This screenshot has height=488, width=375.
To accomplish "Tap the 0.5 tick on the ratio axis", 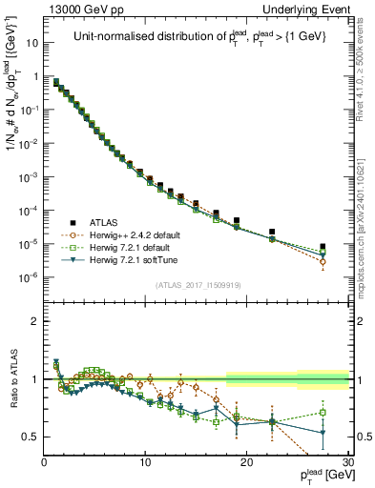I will pos(31,437).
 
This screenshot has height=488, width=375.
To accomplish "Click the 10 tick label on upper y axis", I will pos(31,43).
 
